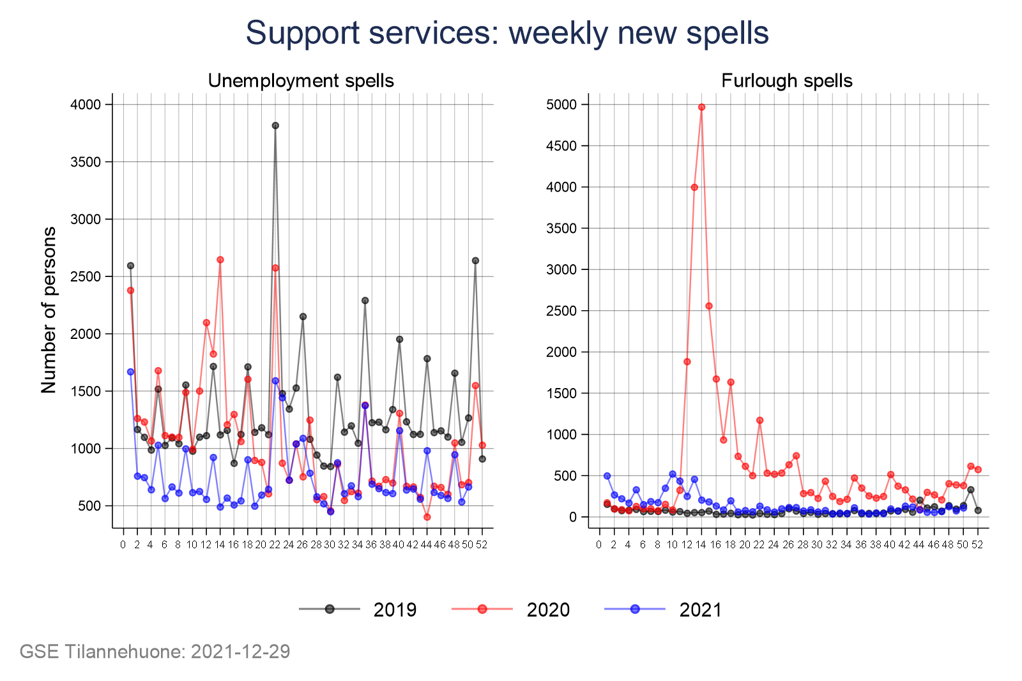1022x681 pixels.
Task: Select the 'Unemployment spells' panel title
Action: tap(301, 81)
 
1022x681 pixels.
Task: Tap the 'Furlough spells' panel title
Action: tap(786, 81)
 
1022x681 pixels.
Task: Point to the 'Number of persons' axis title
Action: tap(49, 310)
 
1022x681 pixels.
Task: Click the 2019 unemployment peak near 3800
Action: tap(275, 126)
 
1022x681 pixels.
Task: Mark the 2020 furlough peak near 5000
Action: tap(701, 107)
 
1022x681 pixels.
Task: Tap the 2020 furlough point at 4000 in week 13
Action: tap(694, 187)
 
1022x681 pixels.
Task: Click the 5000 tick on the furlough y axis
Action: tap(561, 105)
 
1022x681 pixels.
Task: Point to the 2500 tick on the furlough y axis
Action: tap(561, 311)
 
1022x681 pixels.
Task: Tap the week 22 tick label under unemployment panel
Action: tap(275, 544)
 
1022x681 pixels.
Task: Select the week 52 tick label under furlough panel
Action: tap(977, 544)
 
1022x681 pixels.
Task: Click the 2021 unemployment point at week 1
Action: tap(130, 371)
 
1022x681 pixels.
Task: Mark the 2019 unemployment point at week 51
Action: tap(475, 260)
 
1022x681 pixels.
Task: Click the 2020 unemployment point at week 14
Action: tap(220, 260)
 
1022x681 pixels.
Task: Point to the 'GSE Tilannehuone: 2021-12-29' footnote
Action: tap(155, 652)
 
